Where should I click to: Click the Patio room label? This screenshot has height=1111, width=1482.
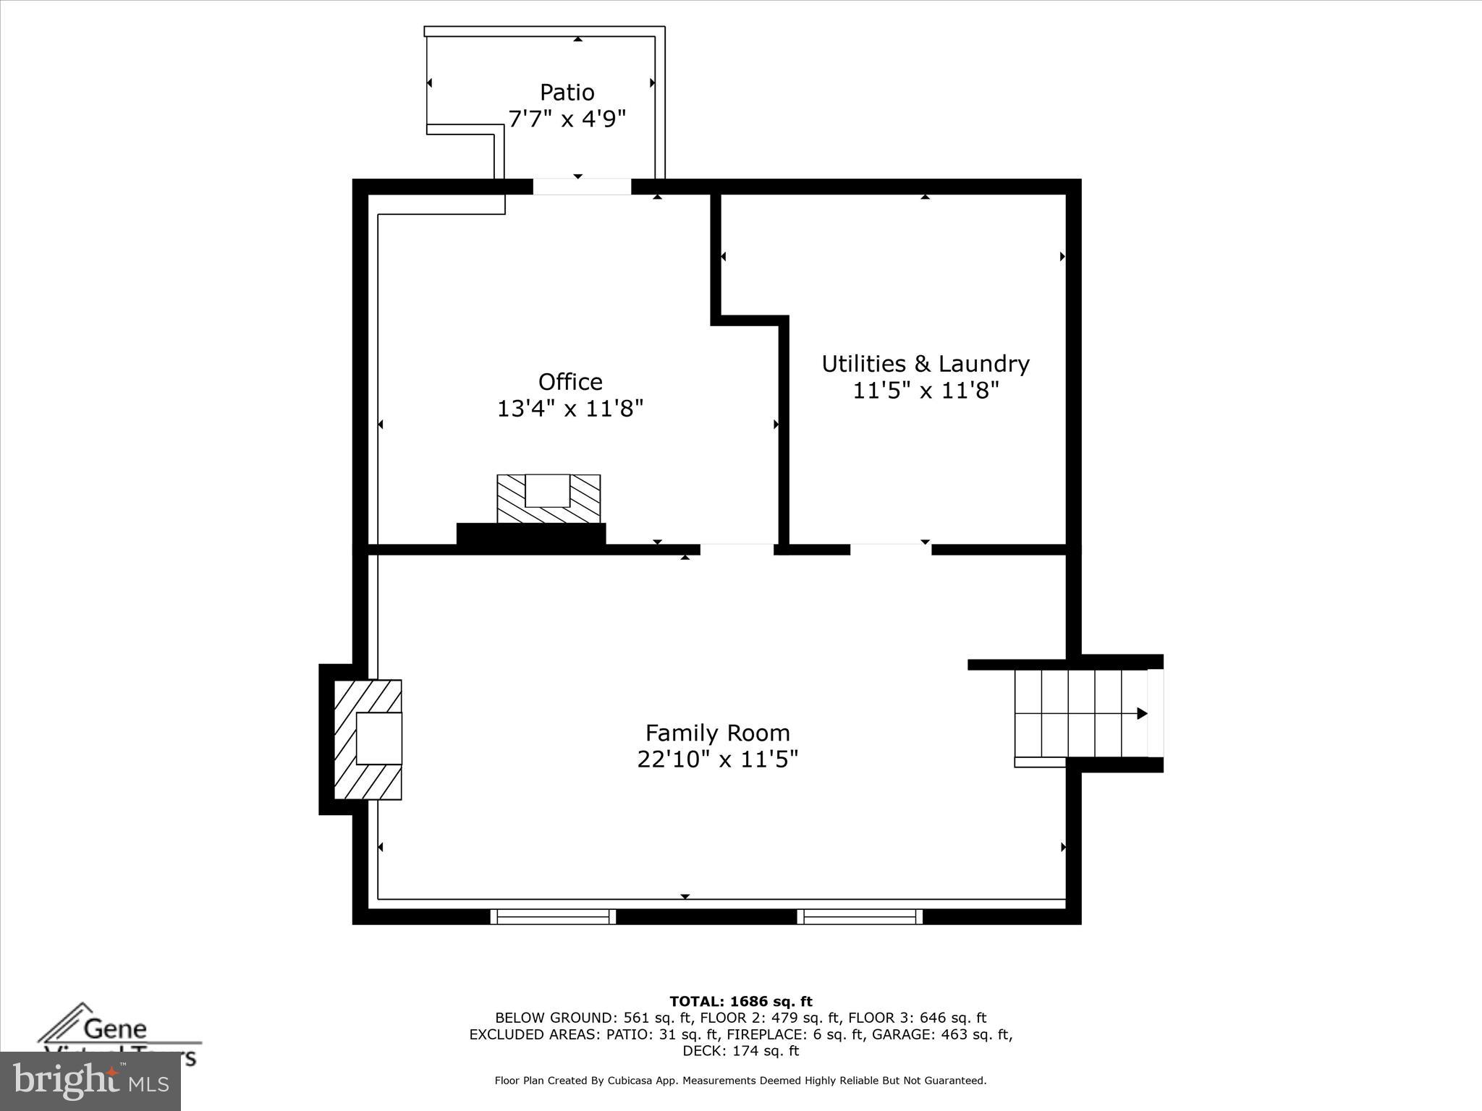pos(567,93)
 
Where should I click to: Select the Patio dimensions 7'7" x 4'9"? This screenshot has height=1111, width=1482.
pos(567,119)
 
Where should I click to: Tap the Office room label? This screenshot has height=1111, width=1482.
pos(570,382)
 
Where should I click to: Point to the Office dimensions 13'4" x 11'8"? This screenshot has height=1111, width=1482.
pos(570,409)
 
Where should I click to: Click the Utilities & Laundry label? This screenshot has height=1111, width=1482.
pos(926,364)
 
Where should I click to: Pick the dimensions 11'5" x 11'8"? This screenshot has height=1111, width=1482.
pos(926,391)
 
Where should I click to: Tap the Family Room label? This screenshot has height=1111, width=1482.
pos(717,733)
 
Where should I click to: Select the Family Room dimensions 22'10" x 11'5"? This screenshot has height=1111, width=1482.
pos(717,759)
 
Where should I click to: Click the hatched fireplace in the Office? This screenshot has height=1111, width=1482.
pos(549,499)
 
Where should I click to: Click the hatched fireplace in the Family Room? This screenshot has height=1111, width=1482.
pos(368,739)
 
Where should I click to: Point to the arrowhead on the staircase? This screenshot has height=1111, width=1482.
pos(1142,714)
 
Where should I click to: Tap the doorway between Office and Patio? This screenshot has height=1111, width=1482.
pos(582,187)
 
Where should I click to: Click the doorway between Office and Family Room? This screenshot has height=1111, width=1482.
pos(737,550)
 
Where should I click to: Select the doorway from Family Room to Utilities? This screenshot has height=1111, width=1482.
pos(890,550)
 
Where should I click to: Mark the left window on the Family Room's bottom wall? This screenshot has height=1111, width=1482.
pos(553,916)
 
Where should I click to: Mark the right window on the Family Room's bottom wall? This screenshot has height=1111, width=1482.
pos(860,916)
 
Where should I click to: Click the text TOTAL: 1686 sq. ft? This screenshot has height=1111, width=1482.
pos(741,1002)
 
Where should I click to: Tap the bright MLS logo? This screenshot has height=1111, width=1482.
pos(90,1081)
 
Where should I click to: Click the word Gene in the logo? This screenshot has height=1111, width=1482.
pos(115,1028)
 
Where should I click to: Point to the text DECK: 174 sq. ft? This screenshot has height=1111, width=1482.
pos(741,1051)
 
